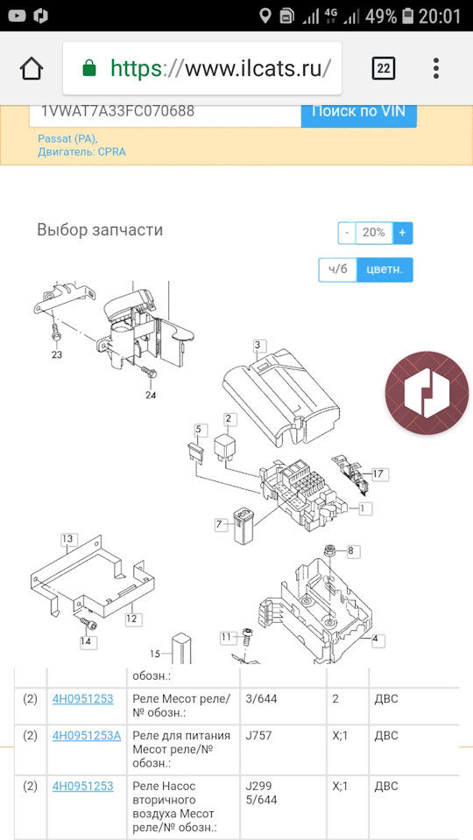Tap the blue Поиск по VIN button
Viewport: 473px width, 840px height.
point(359,114)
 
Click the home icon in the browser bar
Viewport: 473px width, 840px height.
point(32,68)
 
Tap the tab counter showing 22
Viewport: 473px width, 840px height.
point(384,68)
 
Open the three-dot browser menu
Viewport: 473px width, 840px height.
point(436,68)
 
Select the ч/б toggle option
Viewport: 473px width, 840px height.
point(338,269)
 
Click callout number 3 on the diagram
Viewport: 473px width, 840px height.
point(258,345)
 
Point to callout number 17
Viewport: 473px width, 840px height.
point(378,473)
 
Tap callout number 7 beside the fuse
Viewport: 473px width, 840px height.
point(219,524)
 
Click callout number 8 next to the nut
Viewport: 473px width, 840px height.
point(350,550)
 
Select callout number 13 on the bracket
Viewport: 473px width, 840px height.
point(67,538)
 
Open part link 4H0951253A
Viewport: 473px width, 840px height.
point(87,736)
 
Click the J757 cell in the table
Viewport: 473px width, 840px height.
point(258,736)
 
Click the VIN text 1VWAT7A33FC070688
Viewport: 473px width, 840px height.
point(117,111)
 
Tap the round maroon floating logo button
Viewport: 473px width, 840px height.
point(427,393)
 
